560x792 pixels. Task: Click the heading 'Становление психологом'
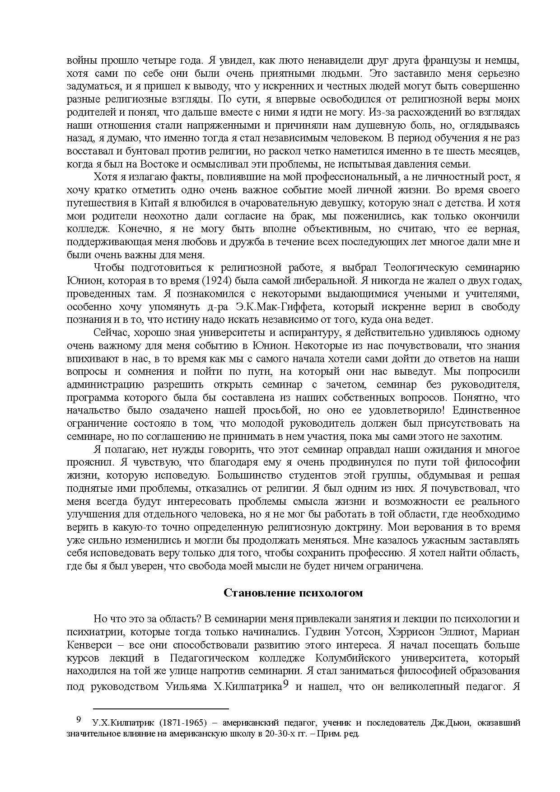[293, 593]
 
